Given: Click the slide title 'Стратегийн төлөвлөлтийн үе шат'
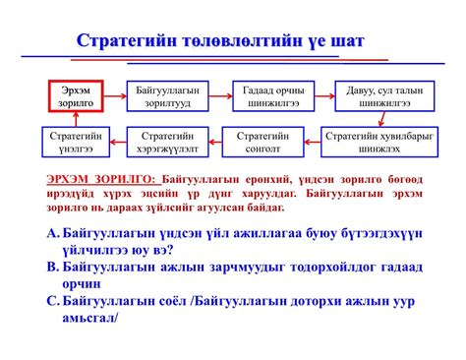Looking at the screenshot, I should (x=231, y=42).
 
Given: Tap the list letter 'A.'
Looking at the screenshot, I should (x=54, y=233).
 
